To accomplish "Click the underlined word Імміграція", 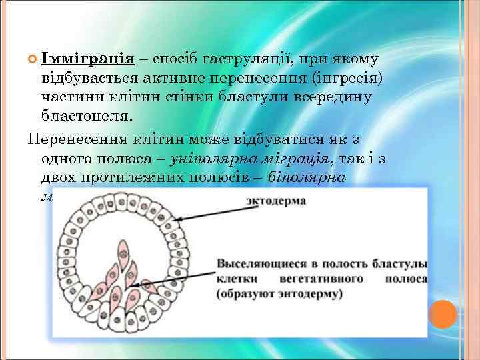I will [x=88, y=59].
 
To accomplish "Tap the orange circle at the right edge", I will [x=442, y=314].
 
